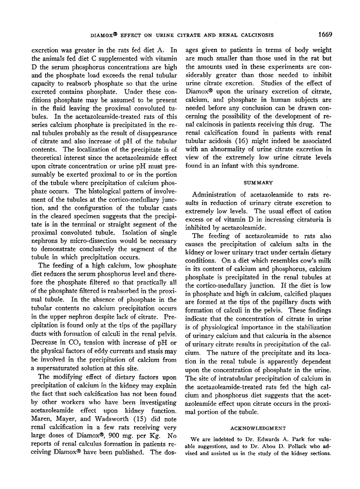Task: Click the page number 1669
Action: click(x=324, y=34)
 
